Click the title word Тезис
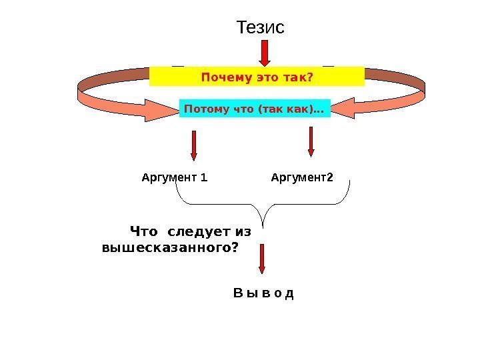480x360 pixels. [x=261, y=28]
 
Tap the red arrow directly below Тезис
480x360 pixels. [x=265, y=53]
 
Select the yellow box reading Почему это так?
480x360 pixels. [x=257, y=77]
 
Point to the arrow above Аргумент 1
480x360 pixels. [x=194, y=145]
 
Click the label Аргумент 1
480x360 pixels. [x=175, y=178]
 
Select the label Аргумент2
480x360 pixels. [x=303, y=178]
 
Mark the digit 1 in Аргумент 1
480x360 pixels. [x=204, y=178]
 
